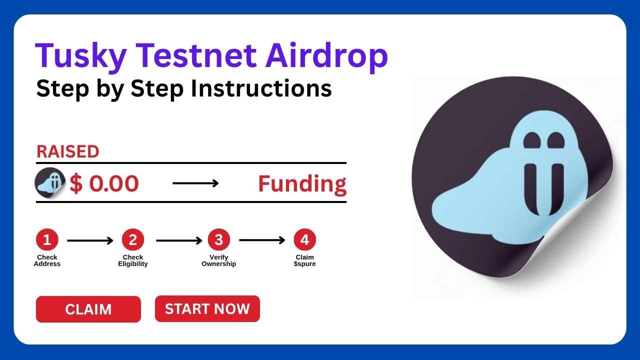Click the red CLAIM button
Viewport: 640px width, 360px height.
88,309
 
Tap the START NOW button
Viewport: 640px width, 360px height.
207,308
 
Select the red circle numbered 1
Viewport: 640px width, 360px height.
47,240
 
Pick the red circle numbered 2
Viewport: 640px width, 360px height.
133,240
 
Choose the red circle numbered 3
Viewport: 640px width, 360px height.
219,240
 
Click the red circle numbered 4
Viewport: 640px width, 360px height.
304,240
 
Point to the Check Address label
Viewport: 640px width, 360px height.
47,260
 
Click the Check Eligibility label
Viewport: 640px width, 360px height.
133,260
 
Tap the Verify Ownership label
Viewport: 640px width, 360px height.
219,260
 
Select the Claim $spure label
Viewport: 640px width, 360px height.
304,260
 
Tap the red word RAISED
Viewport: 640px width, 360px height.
67,152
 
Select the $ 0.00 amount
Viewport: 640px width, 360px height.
104,184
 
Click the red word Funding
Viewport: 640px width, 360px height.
302,184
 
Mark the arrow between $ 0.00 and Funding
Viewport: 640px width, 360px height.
195,183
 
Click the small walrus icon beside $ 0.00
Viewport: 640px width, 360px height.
50,183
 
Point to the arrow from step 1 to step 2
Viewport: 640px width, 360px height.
90,241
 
